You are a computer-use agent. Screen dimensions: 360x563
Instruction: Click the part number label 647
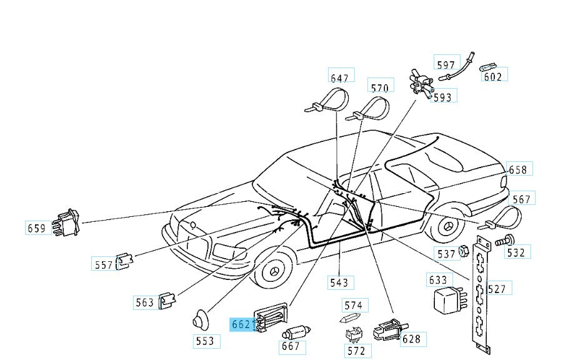340,78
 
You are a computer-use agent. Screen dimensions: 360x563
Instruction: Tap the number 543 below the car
339,282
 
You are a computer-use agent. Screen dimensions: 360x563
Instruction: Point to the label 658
518,170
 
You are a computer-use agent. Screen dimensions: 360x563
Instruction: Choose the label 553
204,341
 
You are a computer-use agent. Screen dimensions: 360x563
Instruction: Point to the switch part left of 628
386,329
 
